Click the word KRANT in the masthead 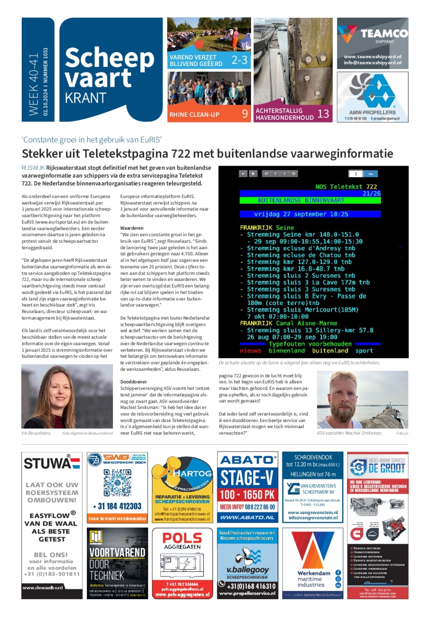click(x=86, y=98)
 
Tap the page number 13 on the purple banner click(x=323, y=114)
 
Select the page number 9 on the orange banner click(x=245, y=114)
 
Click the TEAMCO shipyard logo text click(x=384, y=33)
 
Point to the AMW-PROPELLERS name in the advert click(x=372, y=112)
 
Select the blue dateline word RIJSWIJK click(x=33, y=168)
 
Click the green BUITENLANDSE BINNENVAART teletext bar click(x=310, y=200)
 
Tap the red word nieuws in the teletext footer click(x=250, y=351)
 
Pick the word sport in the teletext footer click(x=364, y=351)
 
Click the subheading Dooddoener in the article click(x=133, y=382)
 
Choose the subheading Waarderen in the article click(x=132, y=228)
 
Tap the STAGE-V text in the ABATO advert click(x=247, y=478)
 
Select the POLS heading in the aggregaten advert click(x=182, y=538)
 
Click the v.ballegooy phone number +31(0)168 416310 click(x=251, y=586)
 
